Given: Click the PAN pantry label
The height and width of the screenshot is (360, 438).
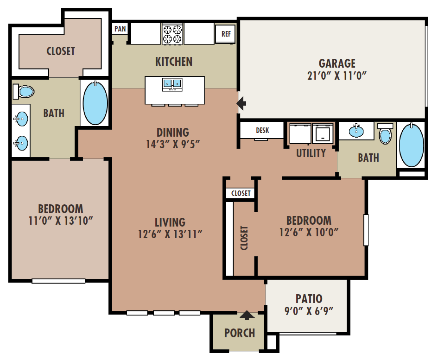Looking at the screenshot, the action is click(120, 29).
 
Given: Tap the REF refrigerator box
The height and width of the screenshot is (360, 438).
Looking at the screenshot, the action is click(226, 34).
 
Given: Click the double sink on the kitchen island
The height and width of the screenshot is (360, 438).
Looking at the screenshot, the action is click(172, 84).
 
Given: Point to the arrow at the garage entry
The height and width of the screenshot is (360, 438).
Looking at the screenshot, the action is click(241, 103).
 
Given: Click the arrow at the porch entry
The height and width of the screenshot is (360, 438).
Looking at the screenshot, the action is click(247, 315).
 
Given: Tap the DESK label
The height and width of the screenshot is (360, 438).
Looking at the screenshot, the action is click(262, 130).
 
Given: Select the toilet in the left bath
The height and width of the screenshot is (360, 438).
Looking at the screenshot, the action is click(24, 92).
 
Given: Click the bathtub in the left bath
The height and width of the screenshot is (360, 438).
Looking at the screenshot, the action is click(95, 103).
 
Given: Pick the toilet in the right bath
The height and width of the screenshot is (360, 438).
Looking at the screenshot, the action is click(385, 133).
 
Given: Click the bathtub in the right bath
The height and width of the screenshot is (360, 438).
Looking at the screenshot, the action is click(412, 145).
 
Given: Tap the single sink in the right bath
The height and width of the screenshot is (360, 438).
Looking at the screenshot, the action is click(356, 131).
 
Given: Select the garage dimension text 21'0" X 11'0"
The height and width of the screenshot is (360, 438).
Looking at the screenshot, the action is click(337, 76).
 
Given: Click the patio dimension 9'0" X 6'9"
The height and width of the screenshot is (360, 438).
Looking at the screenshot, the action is click(309, 311).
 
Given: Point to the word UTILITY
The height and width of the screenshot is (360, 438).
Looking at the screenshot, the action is click(311, 153).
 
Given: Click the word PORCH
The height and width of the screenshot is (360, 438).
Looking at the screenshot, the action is click(240, 333).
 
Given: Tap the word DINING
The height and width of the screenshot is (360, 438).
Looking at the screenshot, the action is click(173, 133).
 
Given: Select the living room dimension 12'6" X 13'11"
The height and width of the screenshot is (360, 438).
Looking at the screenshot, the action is click(170, 234).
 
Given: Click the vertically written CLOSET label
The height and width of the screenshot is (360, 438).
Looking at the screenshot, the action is click(244, 238).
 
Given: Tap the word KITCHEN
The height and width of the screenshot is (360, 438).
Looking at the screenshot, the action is click(174, 62).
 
